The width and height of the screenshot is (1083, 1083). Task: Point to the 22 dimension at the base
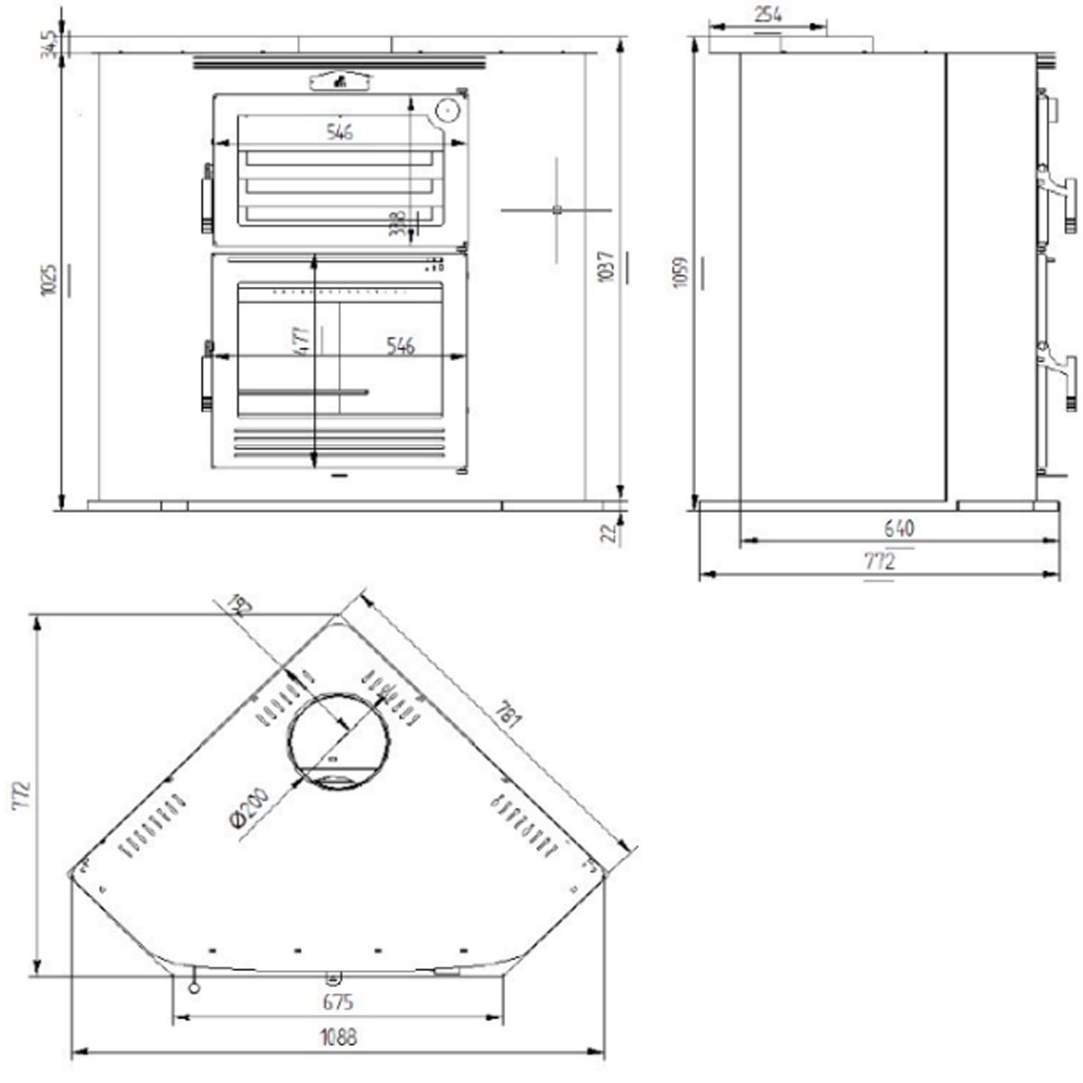[610, 532]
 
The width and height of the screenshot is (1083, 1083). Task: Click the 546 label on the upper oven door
[338, 132]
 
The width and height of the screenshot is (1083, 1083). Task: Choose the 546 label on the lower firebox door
[399, 346]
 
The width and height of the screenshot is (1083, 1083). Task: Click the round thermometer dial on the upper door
[447, 111]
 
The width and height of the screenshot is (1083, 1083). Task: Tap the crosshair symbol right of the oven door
[557, 210]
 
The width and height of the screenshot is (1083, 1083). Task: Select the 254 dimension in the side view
[767, 14]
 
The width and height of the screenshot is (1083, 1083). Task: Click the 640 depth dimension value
[899, 529]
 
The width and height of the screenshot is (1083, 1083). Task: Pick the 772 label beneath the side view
[879, 561]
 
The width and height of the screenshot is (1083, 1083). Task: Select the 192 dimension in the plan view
[239, 604]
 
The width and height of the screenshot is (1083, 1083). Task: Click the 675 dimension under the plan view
[337, 1002]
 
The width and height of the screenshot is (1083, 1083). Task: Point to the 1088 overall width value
[338, 1037]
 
